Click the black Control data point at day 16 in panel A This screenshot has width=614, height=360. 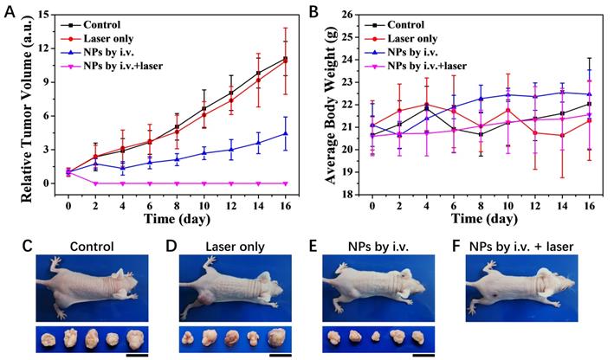[285, 59]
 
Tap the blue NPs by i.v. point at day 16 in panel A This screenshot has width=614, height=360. [285, 133]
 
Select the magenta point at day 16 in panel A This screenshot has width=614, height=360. [285, 183]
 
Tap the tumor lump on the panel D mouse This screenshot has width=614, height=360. [205, 299]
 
